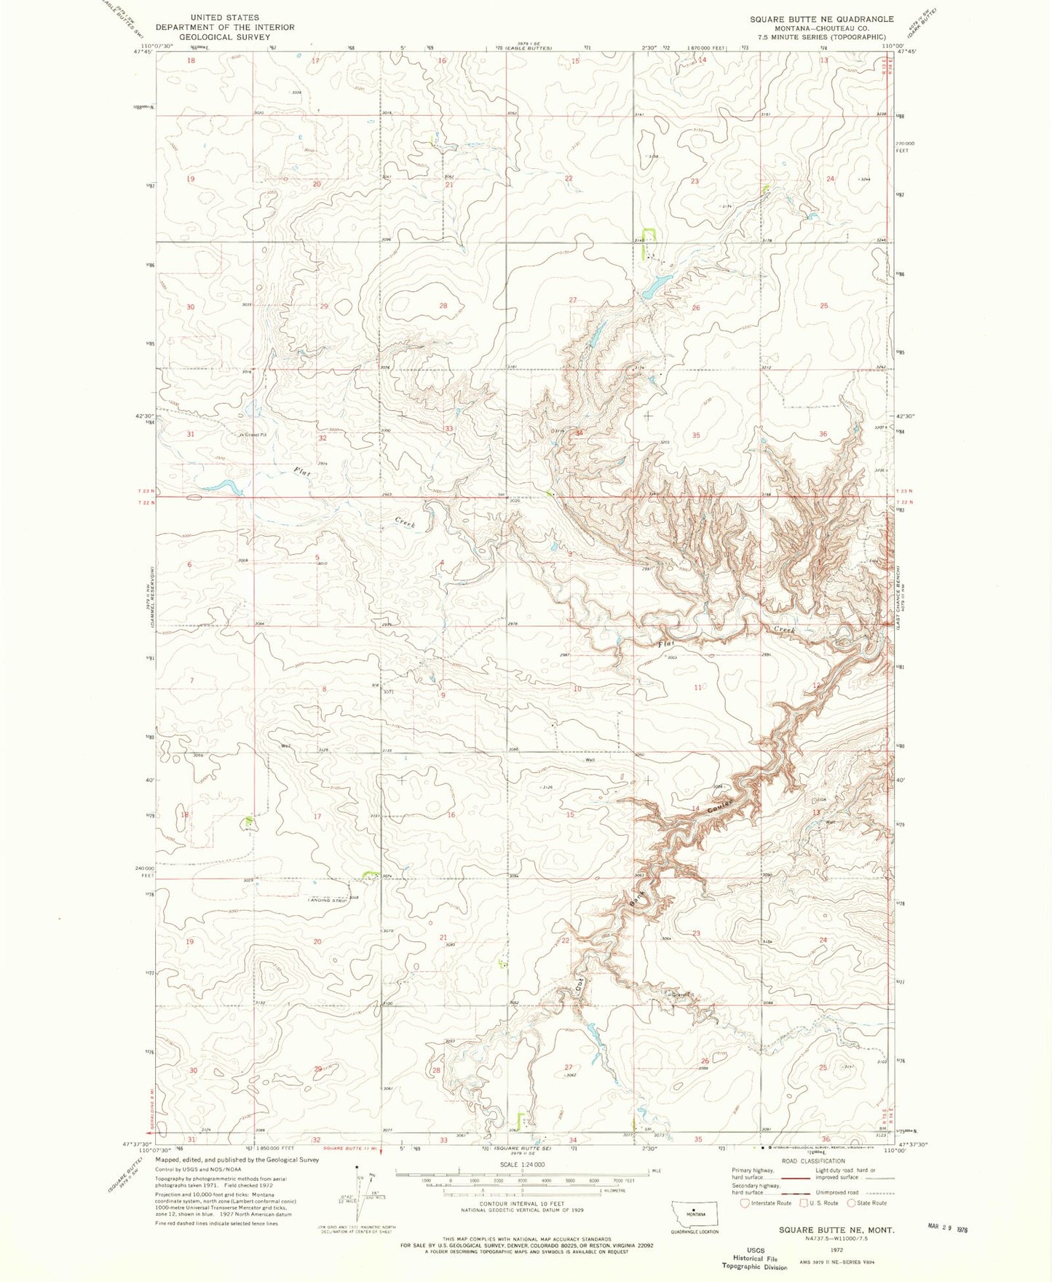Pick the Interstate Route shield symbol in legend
pos(745,1203)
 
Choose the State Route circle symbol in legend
pos(851,1203)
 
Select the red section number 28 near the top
pos(443,306)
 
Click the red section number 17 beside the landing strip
pos(317,817)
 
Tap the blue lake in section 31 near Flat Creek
pos(221,486)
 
